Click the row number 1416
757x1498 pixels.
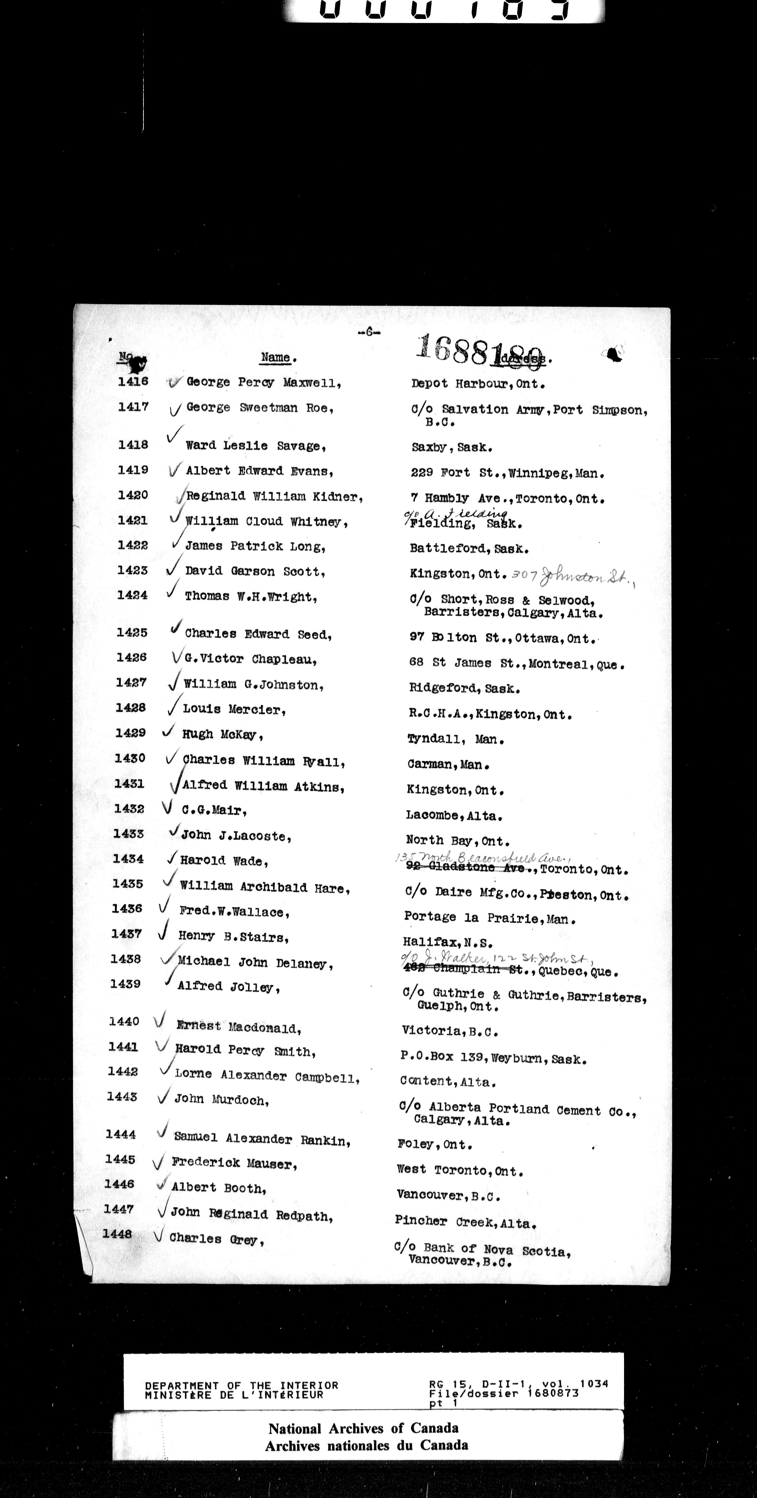pyautogui.click(x=133, y=382)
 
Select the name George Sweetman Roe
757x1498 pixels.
pyautogui.click(x=260, y=408)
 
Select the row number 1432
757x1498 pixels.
pyautogui.click(x=129, y=809)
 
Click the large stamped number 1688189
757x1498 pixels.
pyautogui.click(x=481, y=349)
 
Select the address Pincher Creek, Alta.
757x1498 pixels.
pyautogui.click(x=465, y=1222)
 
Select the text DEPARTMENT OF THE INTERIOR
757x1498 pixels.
pyautogui.click(x=241, y=1386)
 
